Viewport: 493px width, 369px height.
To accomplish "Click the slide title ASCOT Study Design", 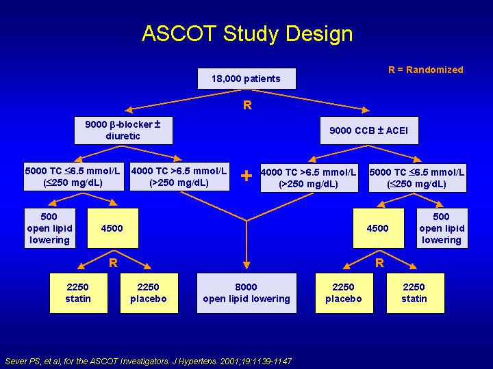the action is pyautogui.click(x=247, y=34).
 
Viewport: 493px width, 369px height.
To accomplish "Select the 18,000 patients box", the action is pyautogui.click(x=246, y=79).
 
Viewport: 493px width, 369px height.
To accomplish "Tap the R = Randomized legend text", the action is pyautogui.click(x=426, y=70).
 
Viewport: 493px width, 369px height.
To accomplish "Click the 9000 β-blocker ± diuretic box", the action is pyautogui.click(x=123, y=131).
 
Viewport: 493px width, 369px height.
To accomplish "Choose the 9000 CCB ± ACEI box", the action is pyautogui.click(x=369, y=131).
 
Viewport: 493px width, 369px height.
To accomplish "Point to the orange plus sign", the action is pyautogui.click(x=246, y=176).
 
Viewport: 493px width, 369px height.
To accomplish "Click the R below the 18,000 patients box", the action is pyautogui.click(x=247, y=105).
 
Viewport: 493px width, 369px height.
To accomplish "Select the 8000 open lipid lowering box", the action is pyautogui.click(x=246, y=293).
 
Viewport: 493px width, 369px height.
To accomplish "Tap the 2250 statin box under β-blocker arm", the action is pyautogui.click(x=79, y=293).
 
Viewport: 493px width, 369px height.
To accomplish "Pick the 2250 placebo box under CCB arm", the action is pyautogui.click(x=344, y=293).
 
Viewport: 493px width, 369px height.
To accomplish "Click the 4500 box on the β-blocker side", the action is pyautogui.click(x=112, y=228).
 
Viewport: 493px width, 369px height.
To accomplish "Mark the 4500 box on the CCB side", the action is pyautogui.click(x=378, y=228).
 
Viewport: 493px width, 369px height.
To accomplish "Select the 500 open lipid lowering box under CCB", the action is pyautogui.click(x=442, y=228).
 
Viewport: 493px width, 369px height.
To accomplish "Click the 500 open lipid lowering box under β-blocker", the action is pyautogui.click(x=50, y=228).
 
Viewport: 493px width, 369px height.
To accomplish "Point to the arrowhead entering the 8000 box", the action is pyautogui.click(x=246, y=265).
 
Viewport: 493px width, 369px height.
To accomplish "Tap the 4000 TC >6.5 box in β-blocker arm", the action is pyautogui.click(x=179, y=176).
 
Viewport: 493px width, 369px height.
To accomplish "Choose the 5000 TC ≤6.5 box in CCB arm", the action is pyautogui.click(x=418, y=178).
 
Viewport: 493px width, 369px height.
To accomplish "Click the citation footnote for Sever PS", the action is pyautogui.click(x=149, y=361).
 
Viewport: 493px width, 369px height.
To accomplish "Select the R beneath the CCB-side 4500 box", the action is pyautogui.click(x=379, y=262).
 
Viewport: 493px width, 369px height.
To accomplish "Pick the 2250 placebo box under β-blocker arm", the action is pyautogui.click(x=149, y=293).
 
